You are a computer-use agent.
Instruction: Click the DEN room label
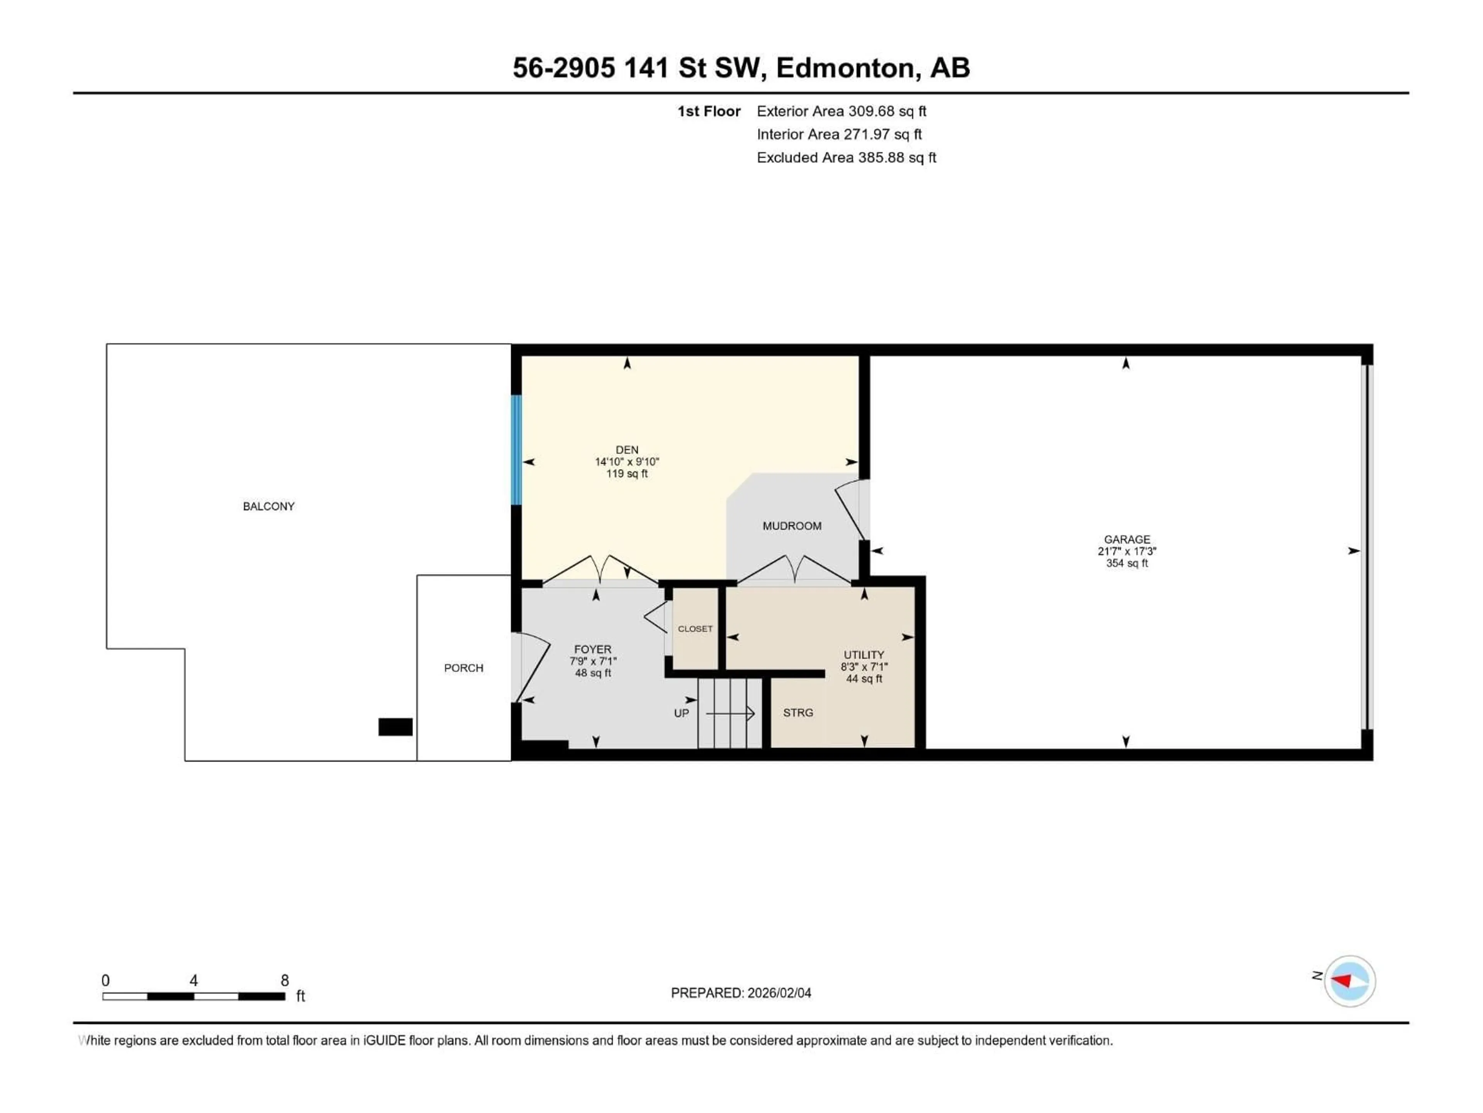coord(627,449)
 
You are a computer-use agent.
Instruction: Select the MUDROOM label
coord(792,526)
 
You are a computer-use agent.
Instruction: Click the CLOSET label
coord(695,629)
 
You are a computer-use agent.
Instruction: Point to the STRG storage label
coord(798,713)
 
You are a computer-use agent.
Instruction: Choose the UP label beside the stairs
coord(681,713)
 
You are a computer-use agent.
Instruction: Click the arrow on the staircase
coord(731,713)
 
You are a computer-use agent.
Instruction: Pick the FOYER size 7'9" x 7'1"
coord(593,661)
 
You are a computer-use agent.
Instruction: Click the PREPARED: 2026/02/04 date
coord(741,993)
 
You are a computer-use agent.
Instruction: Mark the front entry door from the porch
coord(531,667)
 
